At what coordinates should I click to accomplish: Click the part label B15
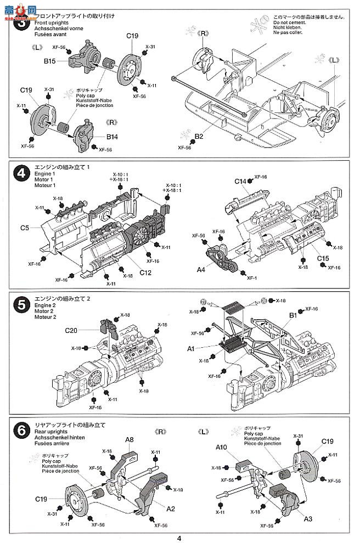tap(51, 61)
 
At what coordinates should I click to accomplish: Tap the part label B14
tap(113, 136)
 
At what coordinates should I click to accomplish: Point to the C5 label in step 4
tap(25, 228)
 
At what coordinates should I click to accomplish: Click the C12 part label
tap(146, 272)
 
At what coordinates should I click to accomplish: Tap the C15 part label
tap(323, 258)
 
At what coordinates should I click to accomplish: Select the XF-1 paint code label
tap(252, 278)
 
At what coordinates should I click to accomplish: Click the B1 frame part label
tap(292, 315)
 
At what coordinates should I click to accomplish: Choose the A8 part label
tap(130, 439)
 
